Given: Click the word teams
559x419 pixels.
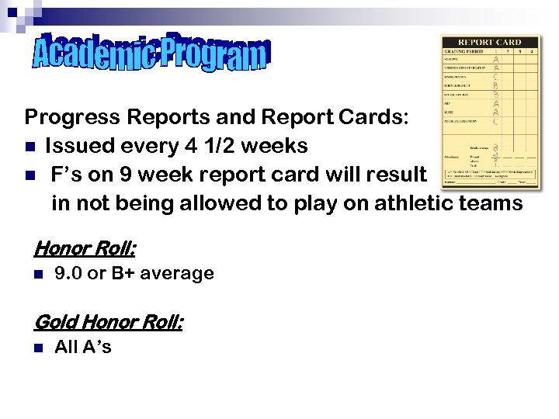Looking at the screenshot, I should tap(495, 203).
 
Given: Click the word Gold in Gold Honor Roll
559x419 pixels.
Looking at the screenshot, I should tap(55, 320).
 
